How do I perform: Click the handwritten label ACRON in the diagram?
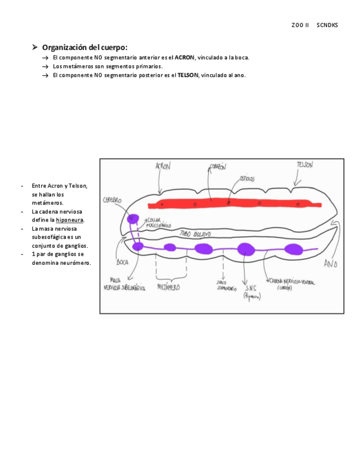(x=163, y=166)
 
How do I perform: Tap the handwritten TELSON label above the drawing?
(x=304, y=165)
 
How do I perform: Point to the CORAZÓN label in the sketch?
(x=217, y=167)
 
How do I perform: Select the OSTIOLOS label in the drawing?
(x=246, y=179)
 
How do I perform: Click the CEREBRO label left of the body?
(x=112, y=201)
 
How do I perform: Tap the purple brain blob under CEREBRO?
(x=132, y=219)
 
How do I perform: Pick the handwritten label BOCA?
(x=122, y=263)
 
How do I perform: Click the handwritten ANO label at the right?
(x=330, y=264)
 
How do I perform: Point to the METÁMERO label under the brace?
(x=168, y=287)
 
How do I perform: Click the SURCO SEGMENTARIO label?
(x=226, y=284)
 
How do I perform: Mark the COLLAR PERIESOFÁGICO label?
(x=159, y=223)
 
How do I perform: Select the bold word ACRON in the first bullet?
(x=184, y=58)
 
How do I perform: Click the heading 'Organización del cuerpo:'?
(x=85, y=47)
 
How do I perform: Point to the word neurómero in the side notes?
(x=76, y=263)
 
